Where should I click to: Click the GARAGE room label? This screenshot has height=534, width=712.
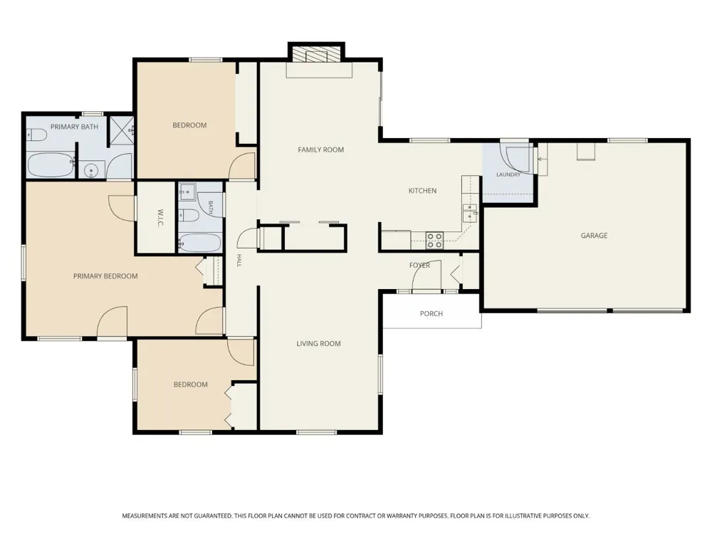coord(594,235)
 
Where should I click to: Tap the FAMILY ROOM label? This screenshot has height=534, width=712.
coord(320,150)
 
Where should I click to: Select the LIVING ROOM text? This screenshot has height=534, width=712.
coord(318,343)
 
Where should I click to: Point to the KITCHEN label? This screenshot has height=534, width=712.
coord(422,191)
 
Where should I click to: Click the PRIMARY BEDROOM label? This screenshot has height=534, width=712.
coord(105,276)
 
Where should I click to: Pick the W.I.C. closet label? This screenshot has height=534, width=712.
coord(160,218)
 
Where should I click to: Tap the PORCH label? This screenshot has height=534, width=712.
coord(431,313)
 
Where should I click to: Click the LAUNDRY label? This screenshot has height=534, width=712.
coord(508,174)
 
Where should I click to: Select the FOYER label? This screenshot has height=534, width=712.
coord(419,265)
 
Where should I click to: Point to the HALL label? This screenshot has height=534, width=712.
coord(239,260)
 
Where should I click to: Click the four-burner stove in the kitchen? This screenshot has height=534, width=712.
coord(434,240)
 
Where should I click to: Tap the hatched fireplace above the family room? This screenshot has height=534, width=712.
coord(317,55)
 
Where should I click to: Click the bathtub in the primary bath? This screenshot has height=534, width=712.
coord(51,165)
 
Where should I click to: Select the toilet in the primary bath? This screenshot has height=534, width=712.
coord(36,135)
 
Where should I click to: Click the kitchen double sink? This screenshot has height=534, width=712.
coord(469,213)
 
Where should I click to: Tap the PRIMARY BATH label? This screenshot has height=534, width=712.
coord(74,127)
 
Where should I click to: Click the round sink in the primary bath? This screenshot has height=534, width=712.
coord(91,172)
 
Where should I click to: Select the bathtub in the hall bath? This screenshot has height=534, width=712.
coord(200,243)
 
